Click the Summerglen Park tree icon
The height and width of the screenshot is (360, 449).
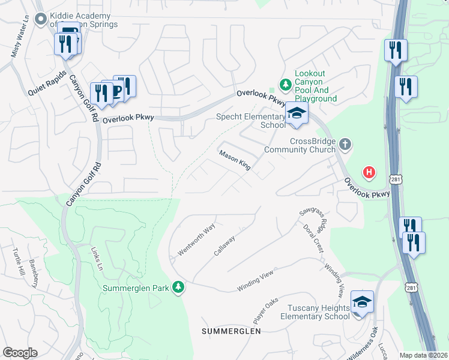click(178, 288)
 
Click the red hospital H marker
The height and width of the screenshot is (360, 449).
click(370, 173)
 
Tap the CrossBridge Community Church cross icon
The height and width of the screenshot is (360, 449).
click(345, 144)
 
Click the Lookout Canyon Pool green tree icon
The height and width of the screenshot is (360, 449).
click(285, 82)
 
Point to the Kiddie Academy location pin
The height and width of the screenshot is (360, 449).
click(41, 20)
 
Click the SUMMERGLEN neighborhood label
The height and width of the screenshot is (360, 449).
click(231, 331)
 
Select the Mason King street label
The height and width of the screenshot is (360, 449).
click(235, 160)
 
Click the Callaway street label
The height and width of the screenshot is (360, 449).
click(224, 246)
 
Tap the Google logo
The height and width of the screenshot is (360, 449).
click(20, 353)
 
